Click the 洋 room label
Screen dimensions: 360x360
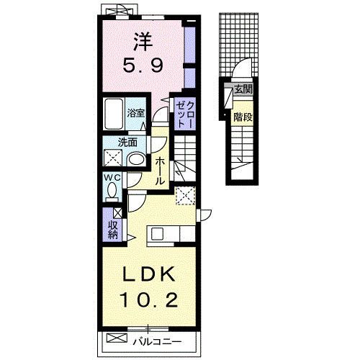(x=143, y=42)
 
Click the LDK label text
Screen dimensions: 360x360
(x=149, y=274)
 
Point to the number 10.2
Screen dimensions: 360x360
(x=150, y=300)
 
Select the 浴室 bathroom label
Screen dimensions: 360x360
(x=136, y=113)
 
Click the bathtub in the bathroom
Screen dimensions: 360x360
(x=114, y=114)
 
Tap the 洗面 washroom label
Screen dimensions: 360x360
(x=127, y=143)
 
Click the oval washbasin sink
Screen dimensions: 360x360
(x=136, y=158)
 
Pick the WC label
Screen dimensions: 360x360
(x=112, y=177)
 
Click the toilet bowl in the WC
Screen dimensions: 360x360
(x=112, y=189)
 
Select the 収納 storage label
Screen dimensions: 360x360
(x=112, y=230)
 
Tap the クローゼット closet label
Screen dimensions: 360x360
(x=185, y=114)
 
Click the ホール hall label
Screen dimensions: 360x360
(x=160, y=171)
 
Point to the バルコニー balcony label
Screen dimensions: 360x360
(x=158, y=341)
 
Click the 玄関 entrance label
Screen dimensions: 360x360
(x=243, y=89)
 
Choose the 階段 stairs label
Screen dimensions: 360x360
(x=243, y=117)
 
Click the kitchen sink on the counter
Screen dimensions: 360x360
(x=157, y=233)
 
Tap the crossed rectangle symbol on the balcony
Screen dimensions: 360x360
(x=117, y=338)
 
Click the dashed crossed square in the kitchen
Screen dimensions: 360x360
(x=186, y=196)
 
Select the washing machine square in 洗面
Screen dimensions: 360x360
(x=112, y=158)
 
